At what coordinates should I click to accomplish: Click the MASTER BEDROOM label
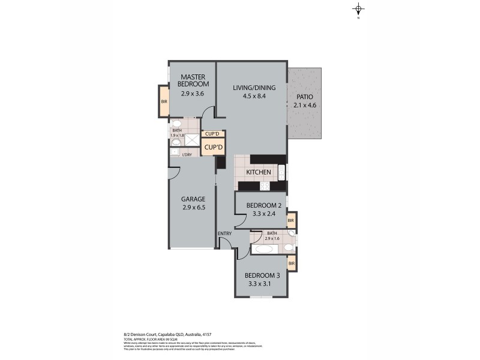(x=194, y=80)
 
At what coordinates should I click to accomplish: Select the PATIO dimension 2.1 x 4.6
(x=304, y=106)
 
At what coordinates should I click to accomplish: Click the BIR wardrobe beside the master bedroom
(x=164, y=101)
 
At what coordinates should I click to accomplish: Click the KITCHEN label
(x=259, y=173)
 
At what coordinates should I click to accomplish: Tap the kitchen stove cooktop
(x=265, y=185)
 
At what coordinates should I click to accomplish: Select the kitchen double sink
(x=282, y=172)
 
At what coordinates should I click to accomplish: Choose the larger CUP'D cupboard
(x=213, y=147)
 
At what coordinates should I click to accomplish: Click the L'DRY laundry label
(x=187, y=155)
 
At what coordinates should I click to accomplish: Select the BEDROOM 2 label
(x=260, y=205)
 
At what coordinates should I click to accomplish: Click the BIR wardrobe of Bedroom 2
(x=291, y=221)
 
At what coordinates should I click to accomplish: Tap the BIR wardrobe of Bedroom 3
(x=291, y=263)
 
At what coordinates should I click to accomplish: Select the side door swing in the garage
(x=174, y=170)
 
